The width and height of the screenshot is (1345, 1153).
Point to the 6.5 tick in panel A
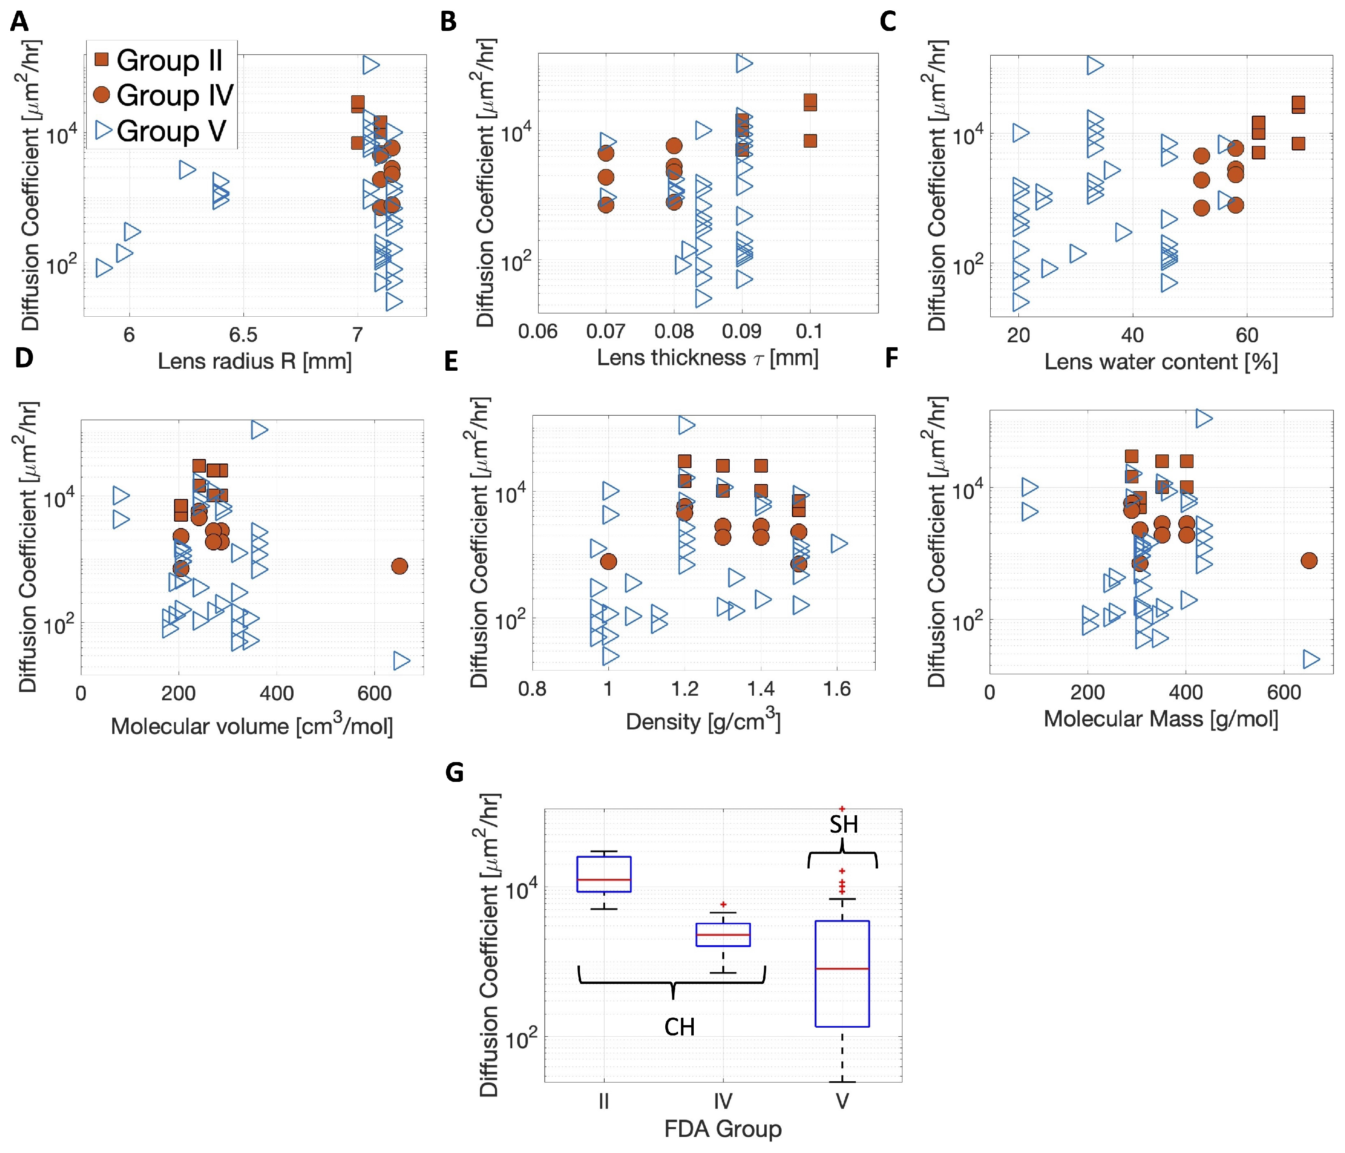point(243,335)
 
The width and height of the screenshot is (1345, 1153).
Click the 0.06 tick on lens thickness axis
point(537,332)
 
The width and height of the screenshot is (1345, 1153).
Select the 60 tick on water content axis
point(1246,335)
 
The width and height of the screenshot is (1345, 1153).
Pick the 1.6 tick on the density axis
point(837,688)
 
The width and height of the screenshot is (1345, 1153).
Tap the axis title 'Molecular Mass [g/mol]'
point(1161,719)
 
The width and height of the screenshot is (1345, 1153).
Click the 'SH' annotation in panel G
point(843,825)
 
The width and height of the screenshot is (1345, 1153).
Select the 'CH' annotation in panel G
point(679,1027)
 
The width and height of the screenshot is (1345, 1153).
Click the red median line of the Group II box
point(604,880)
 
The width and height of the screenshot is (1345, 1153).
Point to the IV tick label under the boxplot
point(723,1101)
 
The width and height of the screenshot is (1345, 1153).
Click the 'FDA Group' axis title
point(723,1129)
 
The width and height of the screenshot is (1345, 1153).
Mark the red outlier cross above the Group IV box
point(723,904)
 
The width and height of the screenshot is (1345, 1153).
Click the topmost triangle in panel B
point(744,63)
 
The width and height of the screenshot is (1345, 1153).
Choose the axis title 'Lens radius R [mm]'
point(254,361)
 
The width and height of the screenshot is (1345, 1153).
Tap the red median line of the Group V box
point(842,969)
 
